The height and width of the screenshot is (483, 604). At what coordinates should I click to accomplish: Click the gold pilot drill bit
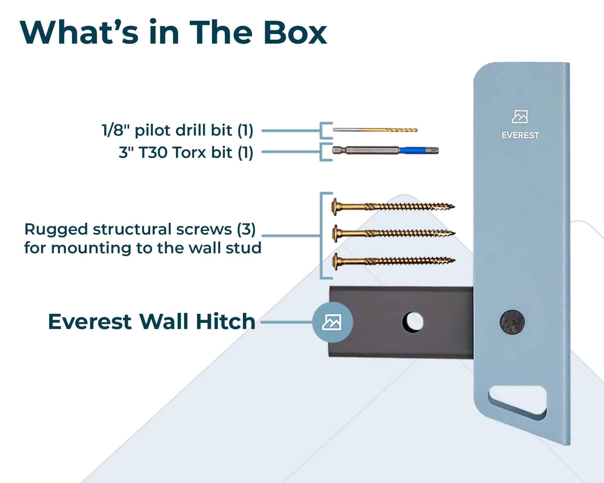coord(375,130)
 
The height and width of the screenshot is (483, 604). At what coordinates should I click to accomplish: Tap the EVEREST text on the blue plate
coord(520,135)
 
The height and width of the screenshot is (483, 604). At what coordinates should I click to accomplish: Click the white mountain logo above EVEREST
coord(520,117)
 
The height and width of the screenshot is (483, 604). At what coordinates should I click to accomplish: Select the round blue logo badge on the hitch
coord(332,322)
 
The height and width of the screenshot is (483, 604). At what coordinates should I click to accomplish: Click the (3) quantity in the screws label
coord(246,230)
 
